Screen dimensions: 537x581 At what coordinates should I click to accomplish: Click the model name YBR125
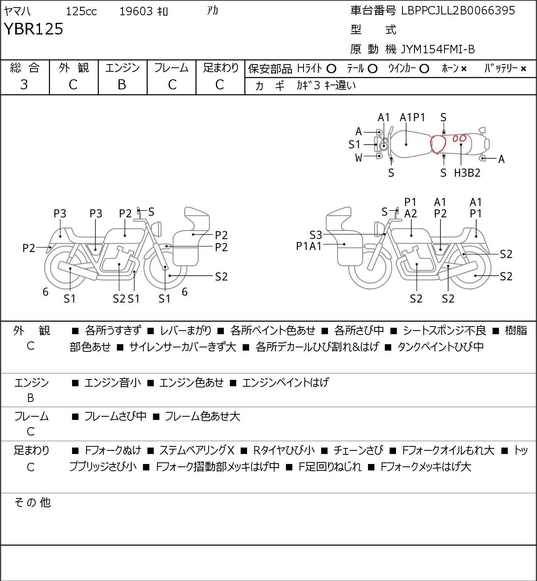pyautogui.click(x=33, y=29)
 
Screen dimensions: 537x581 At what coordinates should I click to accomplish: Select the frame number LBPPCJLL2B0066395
pyautogui.click(x=458, y=11)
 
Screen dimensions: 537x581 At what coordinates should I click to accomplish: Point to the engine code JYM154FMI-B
pyautogui.click(x=438, y=49)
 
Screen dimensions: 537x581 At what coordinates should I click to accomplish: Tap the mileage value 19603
pyautogui.click(x=136, y=11)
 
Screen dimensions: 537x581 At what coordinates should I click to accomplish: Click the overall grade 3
pyautogui.click(x=24, y=85)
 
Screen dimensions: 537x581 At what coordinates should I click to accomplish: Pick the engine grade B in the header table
pyautogui.click(x=122, y=85)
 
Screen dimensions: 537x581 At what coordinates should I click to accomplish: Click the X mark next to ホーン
pyautogui.click(x=464, y=69)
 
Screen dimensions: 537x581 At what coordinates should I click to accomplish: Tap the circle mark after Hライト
pyautogui.click(x=331, y=69)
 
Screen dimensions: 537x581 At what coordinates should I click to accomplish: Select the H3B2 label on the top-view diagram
pyautogui.click(x=467, y=173)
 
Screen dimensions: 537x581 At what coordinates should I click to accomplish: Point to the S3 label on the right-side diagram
pyautogui.click(x=316, y=235)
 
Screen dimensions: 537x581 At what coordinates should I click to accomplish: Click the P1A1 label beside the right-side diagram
pyautogui.click(x=309, y=246)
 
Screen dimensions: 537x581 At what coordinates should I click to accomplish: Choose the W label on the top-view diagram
pyautogui.click(x=358, y=158)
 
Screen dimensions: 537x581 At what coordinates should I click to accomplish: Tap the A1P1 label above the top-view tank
pyautogui.click(x=412, y=117)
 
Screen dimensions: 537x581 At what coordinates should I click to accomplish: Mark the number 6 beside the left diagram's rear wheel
pyautogui.click(x=45, y=292)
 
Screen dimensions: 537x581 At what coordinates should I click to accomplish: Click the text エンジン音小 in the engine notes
pyautogui.click(x=113, y=382)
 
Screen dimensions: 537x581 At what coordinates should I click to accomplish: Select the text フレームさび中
pyautogui.click(x=115, y=416)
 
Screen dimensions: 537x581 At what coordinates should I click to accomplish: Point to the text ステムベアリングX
pyautogui.click(x=197, y=450)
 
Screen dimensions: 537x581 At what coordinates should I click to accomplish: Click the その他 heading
pyautogui.click(x=32, y=502)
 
